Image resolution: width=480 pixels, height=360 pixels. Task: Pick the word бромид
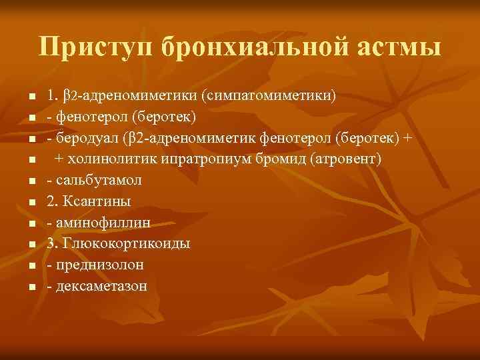[x=278, y=160]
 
